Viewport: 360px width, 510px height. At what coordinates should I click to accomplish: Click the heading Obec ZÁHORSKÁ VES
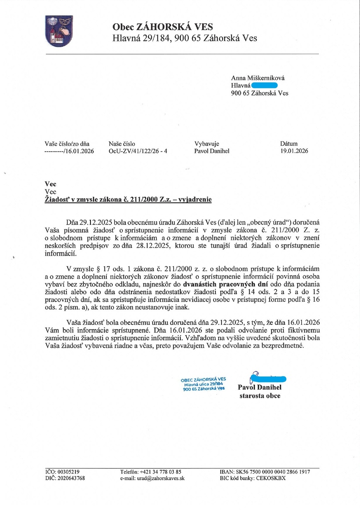tap(163, 27)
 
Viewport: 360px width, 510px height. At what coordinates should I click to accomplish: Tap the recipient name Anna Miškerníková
tap(258, 78)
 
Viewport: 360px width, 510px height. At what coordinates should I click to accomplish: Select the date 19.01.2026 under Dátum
tap(294, 151)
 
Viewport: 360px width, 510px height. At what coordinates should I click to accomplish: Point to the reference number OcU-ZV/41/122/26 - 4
tap(138, 151)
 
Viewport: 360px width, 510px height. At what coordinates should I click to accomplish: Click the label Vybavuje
tap(207, 144)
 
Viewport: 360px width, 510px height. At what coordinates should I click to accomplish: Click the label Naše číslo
tap(122, 144)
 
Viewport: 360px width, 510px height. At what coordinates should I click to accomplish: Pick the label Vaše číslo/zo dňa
tap(67, 144)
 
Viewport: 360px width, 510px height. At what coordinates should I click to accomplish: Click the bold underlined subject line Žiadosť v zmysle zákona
tap(128, 199)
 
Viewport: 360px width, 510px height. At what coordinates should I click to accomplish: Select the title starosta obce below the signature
tap(260, 395)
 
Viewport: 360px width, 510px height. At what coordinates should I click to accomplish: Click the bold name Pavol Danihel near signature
tap(260, 388)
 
